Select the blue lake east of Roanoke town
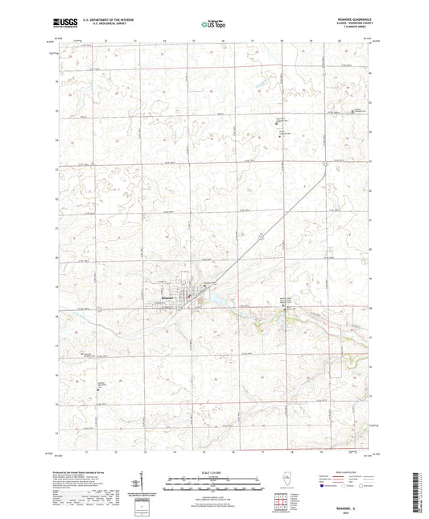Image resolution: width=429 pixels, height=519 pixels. tap(215, 303)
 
